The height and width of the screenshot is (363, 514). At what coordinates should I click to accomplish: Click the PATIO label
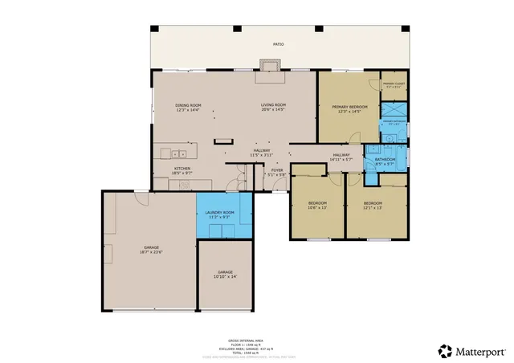point(278,45)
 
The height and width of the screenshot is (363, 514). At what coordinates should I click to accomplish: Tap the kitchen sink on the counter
point(177,153)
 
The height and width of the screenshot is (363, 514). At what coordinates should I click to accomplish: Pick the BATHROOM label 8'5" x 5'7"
point(385,161)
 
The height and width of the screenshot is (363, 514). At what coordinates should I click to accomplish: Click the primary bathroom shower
point(393,110)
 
